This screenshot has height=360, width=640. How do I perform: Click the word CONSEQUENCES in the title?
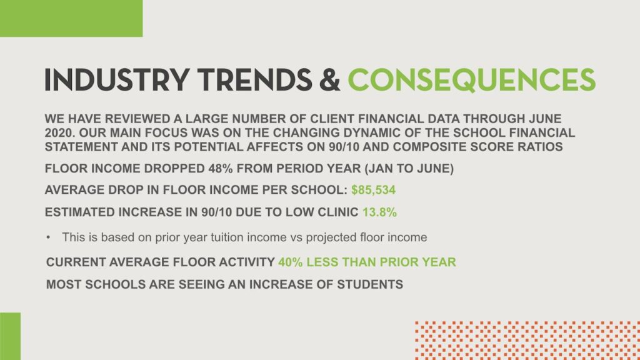(471, 80)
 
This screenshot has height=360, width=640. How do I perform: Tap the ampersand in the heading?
(330, 80)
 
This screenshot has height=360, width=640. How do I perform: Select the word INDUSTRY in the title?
(117, 80)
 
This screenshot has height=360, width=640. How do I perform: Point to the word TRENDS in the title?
(255, 80)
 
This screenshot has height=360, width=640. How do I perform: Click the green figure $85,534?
(374, 190)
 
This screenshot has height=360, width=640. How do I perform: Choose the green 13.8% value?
(379, 212)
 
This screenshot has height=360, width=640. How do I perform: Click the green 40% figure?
(291, 262)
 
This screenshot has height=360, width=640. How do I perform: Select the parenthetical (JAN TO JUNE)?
(409, 169)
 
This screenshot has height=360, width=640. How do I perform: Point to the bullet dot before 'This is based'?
(49, 237)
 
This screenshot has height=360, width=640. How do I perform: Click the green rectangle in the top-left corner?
(71, 18)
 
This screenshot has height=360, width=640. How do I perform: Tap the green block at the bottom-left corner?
(10, 336)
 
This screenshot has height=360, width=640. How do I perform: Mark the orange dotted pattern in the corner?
(527, 341)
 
